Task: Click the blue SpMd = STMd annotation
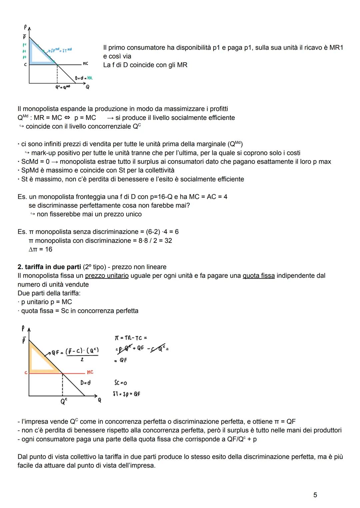[61, 50]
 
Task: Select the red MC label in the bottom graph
[90, 372]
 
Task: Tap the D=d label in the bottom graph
[85, 383]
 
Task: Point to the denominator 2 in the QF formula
[82, 360]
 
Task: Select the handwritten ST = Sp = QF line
[126, 394]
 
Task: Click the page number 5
[315, 495]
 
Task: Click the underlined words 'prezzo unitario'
[107, 276]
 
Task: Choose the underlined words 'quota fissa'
[259, 276]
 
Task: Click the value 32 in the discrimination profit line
[168, 241]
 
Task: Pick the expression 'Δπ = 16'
[40, 249]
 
